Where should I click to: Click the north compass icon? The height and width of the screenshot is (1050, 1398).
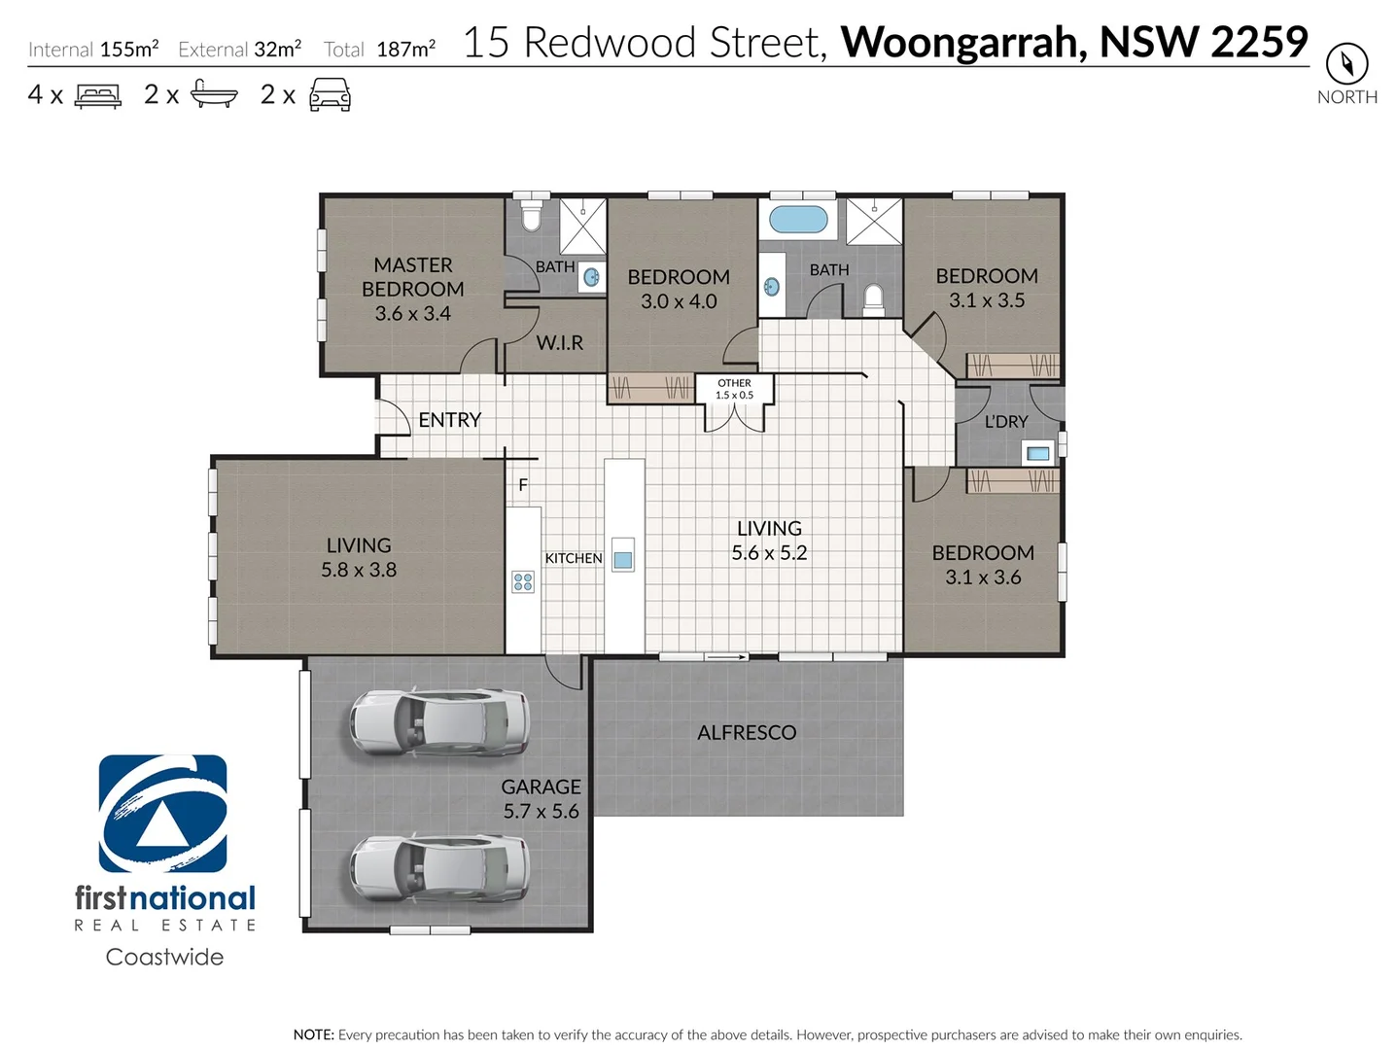point(1346,64)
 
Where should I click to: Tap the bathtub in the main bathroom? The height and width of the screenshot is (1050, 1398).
point(798,219)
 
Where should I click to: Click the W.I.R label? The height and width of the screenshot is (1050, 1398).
point(560,343)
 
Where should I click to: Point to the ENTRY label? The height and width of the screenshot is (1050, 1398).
point(449,420)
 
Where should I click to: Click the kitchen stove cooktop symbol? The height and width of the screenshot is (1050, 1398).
point(523,582)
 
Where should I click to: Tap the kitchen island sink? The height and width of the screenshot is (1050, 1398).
point(623,560)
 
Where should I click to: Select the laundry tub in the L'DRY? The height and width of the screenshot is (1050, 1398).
point(1037,453)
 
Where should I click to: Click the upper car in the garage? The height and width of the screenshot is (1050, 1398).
point(439,723)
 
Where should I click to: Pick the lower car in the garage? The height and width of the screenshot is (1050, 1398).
point(439,867)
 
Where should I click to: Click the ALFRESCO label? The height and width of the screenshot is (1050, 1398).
point(747,733)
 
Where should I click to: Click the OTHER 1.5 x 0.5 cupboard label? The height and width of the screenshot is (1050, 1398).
point(734,389)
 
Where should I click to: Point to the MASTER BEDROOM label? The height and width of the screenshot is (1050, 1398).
point(413,289)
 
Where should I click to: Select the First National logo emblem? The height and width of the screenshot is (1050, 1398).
point(163,814)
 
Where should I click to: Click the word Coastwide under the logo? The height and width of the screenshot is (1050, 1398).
point(164,957)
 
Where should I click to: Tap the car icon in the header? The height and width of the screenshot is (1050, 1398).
point(330,95)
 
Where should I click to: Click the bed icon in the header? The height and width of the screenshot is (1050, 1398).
point(98,95)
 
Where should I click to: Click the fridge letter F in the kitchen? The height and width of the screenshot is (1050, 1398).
point(523,485)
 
